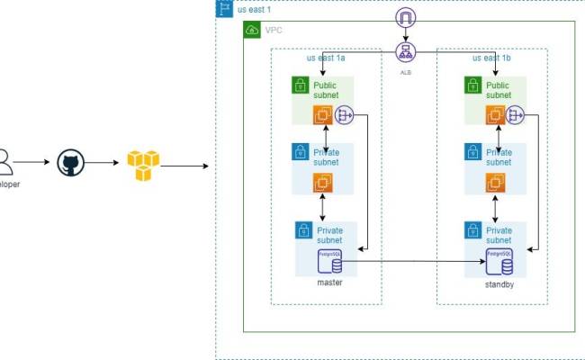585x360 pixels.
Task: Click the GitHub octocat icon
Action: (x=70, y=164)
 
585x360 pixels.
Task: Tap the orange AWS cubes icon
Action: (x=142, y=165)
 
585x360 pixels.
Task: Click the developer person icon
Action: (x=5, y=163)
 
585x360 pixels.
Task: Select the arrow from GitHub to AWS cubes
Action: (x=104, y=165)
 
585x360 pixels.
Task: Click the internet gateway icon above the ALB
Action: (x=405, y=18)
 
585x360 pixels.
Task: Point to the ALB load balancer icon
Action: (x=405, y=51)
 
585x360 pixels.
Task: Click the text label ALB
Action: (x=405, y=70)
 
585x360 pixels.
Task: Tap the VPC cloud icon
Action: (x=252, y=31)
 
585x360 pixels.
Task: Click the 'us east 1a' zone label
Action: (x=326, y=58)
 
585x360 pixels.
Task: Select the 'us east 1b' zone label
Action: (x=490, y=58)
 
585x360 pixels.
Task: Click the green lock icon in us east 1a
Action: (x=300, y=85)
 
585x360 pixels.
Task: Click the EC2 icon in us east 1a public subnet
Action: (x=322, y=114)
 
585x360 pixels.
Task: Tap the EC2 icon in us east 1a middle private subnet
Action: (x=322, y=183)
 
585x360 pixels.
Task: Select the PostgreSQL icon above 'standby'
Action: (x=497, y=262)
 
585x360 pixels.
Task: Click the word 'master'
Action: (x=330, y=283)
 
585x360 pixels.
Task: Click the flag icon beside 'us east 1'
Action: (x=224, y=8)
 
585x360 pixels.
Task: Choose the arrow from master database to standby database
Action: (x=414, y=262)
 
